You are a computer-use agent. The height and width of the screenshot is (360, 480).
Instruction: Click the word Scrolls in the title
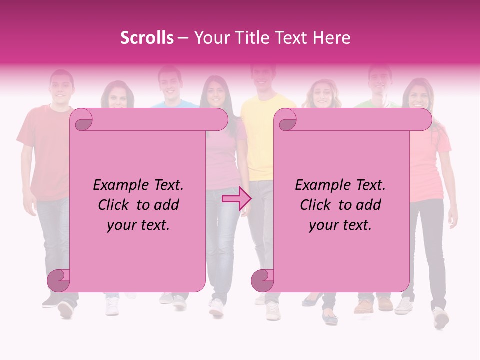(147, 38)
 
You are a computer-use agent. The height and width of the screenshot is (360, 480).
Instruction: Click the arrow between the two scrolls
(236, 199)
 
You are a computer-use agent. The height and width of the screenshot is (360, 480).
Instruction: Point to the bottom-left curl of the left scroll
(59, 280)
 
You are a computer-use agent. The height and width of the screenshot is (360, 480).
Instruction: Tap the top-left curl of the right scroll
(287, 120)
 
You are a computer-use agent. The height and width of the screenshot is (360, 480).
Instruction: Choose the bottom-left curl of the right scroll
(262, 280)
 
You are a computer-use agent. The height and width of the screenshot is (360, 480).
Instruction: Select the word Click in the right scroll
(316, 205)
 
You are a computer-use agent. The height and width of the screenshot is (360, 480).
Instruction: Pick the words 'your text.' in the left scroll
(138, 225)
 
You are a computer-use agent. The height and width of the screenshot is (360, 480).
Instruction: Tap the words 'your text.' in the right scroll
(340, 225)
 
